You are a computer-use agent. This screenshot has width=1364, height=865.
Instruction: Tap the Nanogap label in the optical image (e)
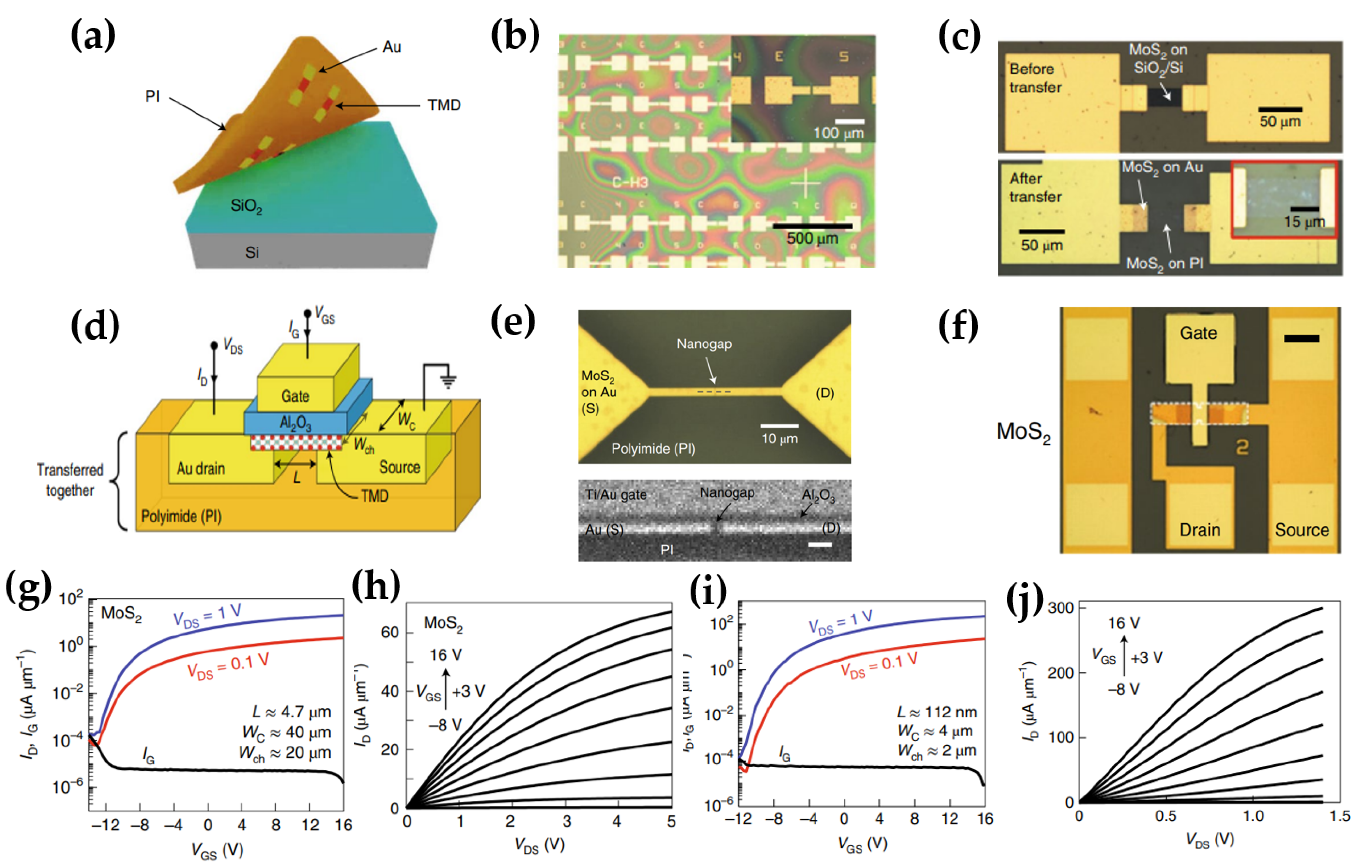coord(704,344)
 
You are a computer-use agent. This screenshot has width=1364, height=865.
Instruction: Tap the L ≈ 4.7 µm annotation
coord(291,712)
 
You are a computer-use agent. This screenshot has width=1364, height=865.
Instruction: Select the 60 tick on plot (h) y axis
coord(390,632)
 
